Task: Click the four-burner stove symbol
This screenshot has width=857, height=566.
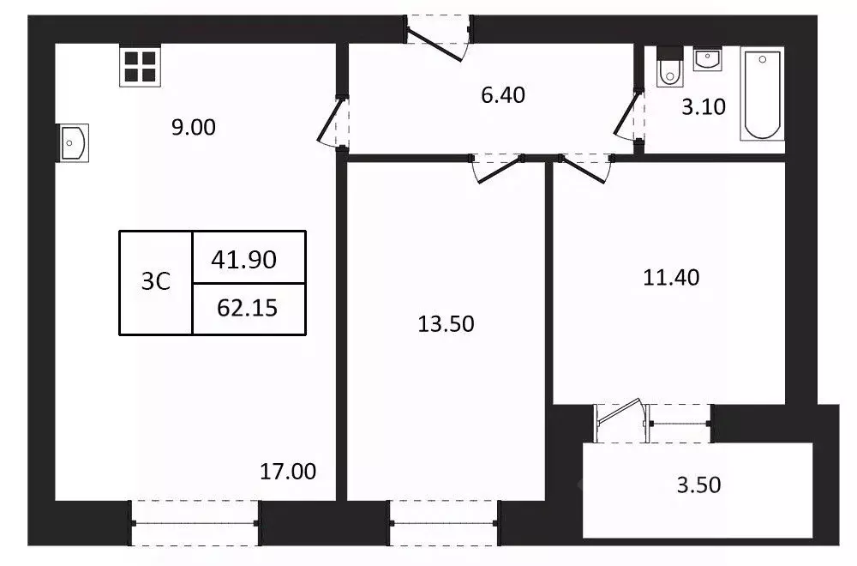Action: point(139,66)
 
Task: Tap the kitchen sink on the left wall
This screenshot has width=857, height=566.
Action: point(73,142)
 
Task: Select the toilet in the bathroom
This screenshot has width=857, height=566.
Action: point(668,70)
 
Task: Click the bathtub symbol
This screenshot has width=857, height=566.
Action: point(762,94)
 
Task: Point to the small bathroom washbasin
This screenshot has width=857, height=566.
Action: point(707,59)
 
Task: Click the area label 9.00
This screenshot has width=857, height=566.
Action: point(193,128)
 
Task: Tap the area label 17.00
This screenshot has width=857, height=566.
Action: point(288,471)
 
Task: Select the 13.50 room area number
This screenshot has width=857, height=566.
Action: point(446,324)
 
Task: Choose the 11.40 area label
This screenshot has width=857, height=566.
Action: point(672,277)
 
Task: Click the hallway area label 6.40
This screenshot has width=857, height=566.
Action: point(503,95)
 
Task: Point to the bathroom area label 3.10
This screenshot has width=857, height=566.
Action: point(704,108)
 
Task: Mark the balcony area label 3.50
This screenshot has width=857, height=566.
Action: point(698,485)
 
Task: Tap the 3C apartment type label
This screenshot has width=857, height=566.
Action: point(156,282)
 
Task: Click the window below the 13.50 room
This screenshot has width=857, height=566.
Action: point(444,522)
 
